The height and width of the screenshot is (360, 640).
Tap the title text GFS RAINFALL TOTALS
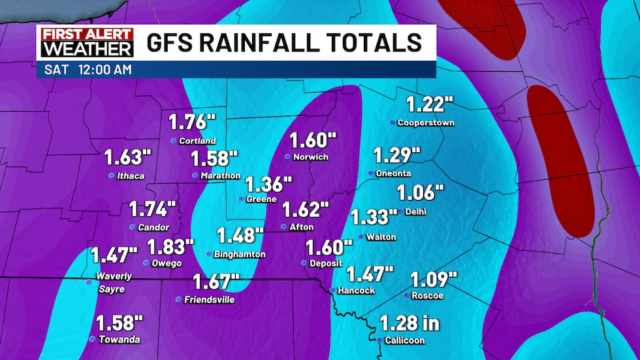(x=285, y=43)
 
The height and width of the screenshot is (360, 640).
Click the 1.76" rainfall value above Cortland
(x=192, y=122)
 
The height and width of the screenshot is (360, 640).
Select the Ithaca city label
(x=131, y=176)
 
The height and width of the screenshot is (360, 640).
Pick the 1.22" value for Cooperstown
(x=430, y=104)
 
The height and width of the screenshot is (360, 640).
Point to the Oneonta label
(x=394, y=173)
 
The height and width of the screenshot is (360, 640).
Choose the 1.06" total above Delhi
(x=421, y=193)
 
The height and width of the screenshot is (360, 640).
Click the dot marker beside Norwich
(x=287, y=157)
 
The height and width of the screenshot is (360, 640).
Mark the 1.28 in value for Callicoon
(x=409, y=323)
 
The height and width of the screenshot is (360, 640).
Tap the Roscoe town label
(x=428, y=296)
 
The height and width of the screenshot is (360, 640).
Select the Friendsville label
(x=209, y=300)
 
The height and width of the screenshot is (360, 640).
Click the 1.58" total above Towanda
(x=120, y=323)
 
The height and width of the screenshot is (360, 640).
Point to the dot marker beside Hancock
(x=332, y=291)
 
